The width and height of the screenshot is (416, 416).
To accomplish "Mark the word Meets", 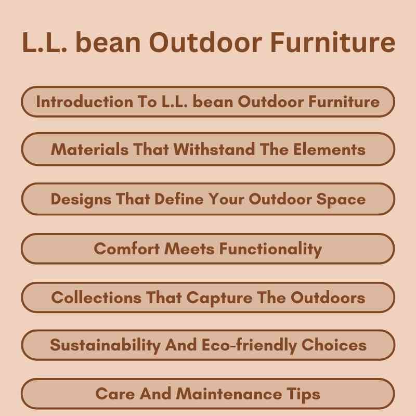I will pyautogui.click(x=190, y=249).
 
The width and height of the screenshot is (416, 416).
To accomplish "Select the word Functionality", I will pyautogui.click(x=270, y=249).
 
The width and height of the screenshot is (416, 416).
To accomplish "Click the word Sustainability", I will pyautogui.click(x=105, y=345).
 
